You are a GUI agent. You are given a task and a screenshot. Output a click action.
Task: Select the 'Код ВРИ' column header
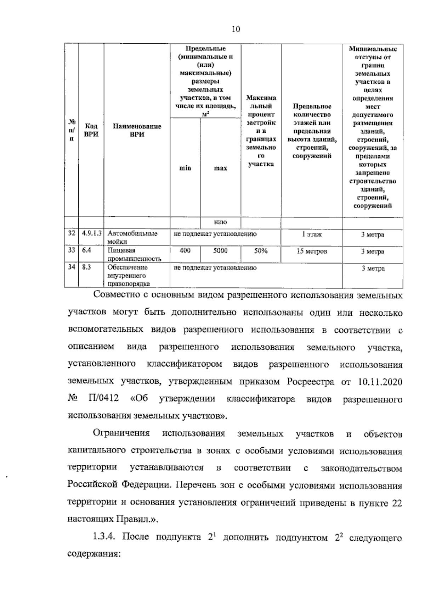91,130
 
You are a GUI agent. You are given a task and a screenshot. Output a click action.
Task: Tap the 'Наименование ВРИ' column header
137,130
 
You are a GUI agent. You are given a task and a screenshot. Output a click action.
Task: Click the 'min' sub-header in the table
185,168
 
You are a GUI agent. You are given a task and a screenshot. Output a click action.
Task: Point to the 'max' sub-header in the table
220,168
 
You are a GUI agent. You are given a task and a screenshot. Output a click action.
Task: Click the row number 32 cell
72,233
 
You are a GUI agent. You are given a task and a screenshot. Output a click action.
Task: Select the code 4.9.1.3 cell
92,233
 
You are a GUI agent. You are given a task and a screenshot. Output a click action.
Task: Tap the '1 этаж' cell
312,234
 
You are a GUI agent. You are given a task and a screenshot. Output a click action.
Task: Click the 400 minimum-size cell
185,251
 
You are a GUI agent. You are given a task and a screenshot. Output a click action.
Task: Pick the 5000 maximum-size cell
220,251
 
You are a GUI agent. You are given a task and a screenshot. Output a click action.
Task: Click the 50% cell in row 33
261,251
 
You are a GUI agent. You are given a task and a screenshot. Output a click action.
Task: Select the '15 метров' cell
312,251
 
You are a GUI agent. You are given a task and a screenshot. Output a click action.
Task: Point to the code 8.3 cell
86,267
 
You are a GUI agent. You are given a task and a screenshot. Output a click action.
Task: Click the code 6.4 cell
86,250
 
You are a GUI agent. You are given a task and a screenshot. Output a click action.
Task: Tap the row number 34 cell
72,267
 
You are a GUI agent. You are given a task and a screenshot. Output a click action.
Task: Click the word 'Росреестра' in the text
310,382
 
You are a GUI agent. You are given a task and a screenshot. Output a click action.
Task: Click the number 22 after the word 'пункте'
397,503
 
